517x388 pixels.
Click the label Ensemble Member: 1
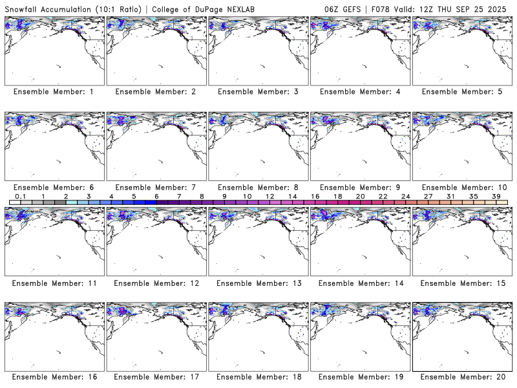pyautogui.click(x=54, y=92)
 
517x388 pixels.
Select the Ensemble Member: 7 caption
pyautogui.click(x=156, y=187)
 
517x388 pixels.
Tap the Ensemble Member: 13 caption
pyautogui.click(x=258, y=283)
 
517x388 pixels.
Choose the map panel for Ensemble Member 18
pyautogui.click(x=258, y=336)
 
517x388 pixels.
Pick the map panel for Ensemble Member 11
pyautogui.click(x=54, y=241)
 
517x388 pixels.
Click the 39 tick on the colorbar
pyautogui.click(x=496, y=196)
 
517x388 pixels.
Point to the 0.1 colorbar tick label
pyautogui.click(x=20, y=196)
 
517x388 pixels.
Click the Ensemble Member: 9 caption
pyautogui.click(x=359, y=187)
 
